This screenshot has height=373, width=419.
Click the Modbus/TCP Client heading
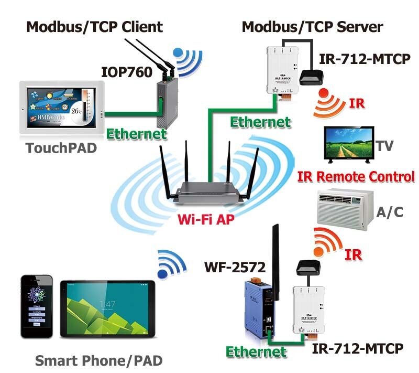pyautogui.click(x=95, y=27)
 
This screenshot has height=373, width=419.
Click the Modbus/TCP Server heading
pyautogui.click(x=312, y=27)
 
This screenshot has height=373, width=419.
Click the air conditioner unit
pyautogui.click(x=345, y=208)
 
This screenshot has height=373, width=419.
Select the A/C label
pyautogui.click(x=390, y=211)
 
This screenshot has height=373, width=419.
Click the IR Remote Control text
pyautogui.click(x=356, y=177)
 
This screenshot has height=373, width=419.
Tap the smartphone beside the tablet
pyautogui.click(x=36, y=306)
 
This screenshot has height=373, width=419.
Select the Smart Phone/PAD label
pyautogui.click(x=98, y=361)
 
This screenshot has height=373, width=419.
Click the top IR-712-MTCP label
pyautogui.click(x=365, y=59)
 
